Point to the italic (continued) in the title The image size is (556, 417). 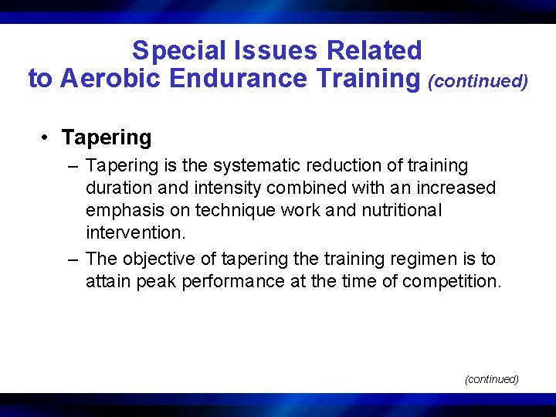[x=478, y=80]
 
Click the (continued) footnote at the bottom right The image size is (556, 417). [x=491, y=379]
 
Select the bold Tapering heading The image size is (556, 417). [x=107, y=137]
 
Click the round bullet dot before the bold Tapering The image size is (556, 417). [x=46, y=138]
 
